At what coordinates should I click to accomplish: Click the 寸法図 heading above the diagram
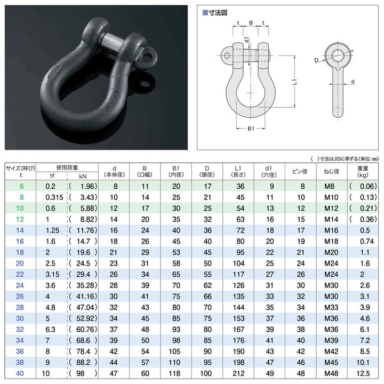click(215, 12)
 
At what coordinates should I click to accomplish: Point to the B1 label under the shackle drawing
click(251, 129)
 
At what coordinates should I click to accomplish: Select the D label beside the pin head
click(316, 60)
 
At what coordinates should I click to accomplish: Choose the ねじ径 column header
click(331, 171)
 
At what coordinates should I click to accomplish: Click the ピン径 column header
click(300, 171)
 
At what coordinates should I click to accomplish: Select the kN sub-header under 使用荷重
click(83, 177)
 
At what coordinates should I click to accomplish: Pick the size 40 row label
click(20, 373)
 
